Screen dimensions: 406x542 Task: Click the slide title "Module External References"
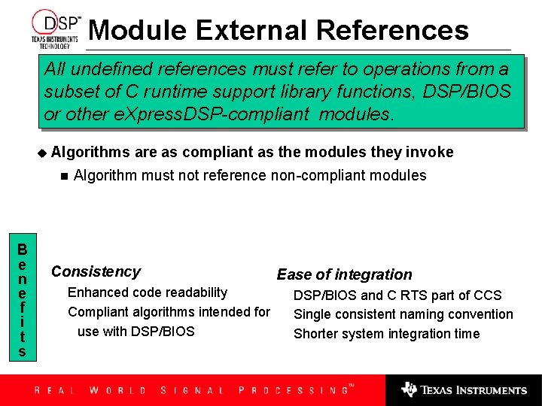pos(279,30)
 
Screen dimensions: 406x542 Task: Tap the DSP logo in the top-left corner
pos(55,28)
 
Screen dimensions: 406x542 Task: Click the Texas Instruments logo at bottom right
pos(464,389)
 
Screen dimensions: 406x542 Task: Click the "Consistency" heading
pos(96,271)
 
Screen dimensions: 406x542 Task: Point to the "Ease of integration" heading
pos(344,274)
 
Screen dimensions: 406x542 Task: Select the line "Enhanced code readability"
pos(148,292)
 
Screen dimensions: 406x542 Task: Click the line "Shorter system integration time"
pos(386,334)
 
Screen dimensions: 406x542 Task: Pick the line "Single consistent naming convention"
pos(403,314)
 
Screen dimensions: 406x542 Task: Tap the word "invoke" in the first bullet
pos(430,153)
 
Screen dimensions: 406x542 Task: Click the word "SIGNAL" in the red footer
pos(192,390)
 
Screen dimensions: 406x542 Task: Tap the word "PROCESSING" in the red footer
pos(293,390)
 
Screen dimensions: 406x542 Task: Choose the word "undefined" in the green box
pos(112,69)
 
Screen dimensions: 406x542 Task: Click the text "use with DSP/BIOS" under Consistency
pos(135,332)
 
